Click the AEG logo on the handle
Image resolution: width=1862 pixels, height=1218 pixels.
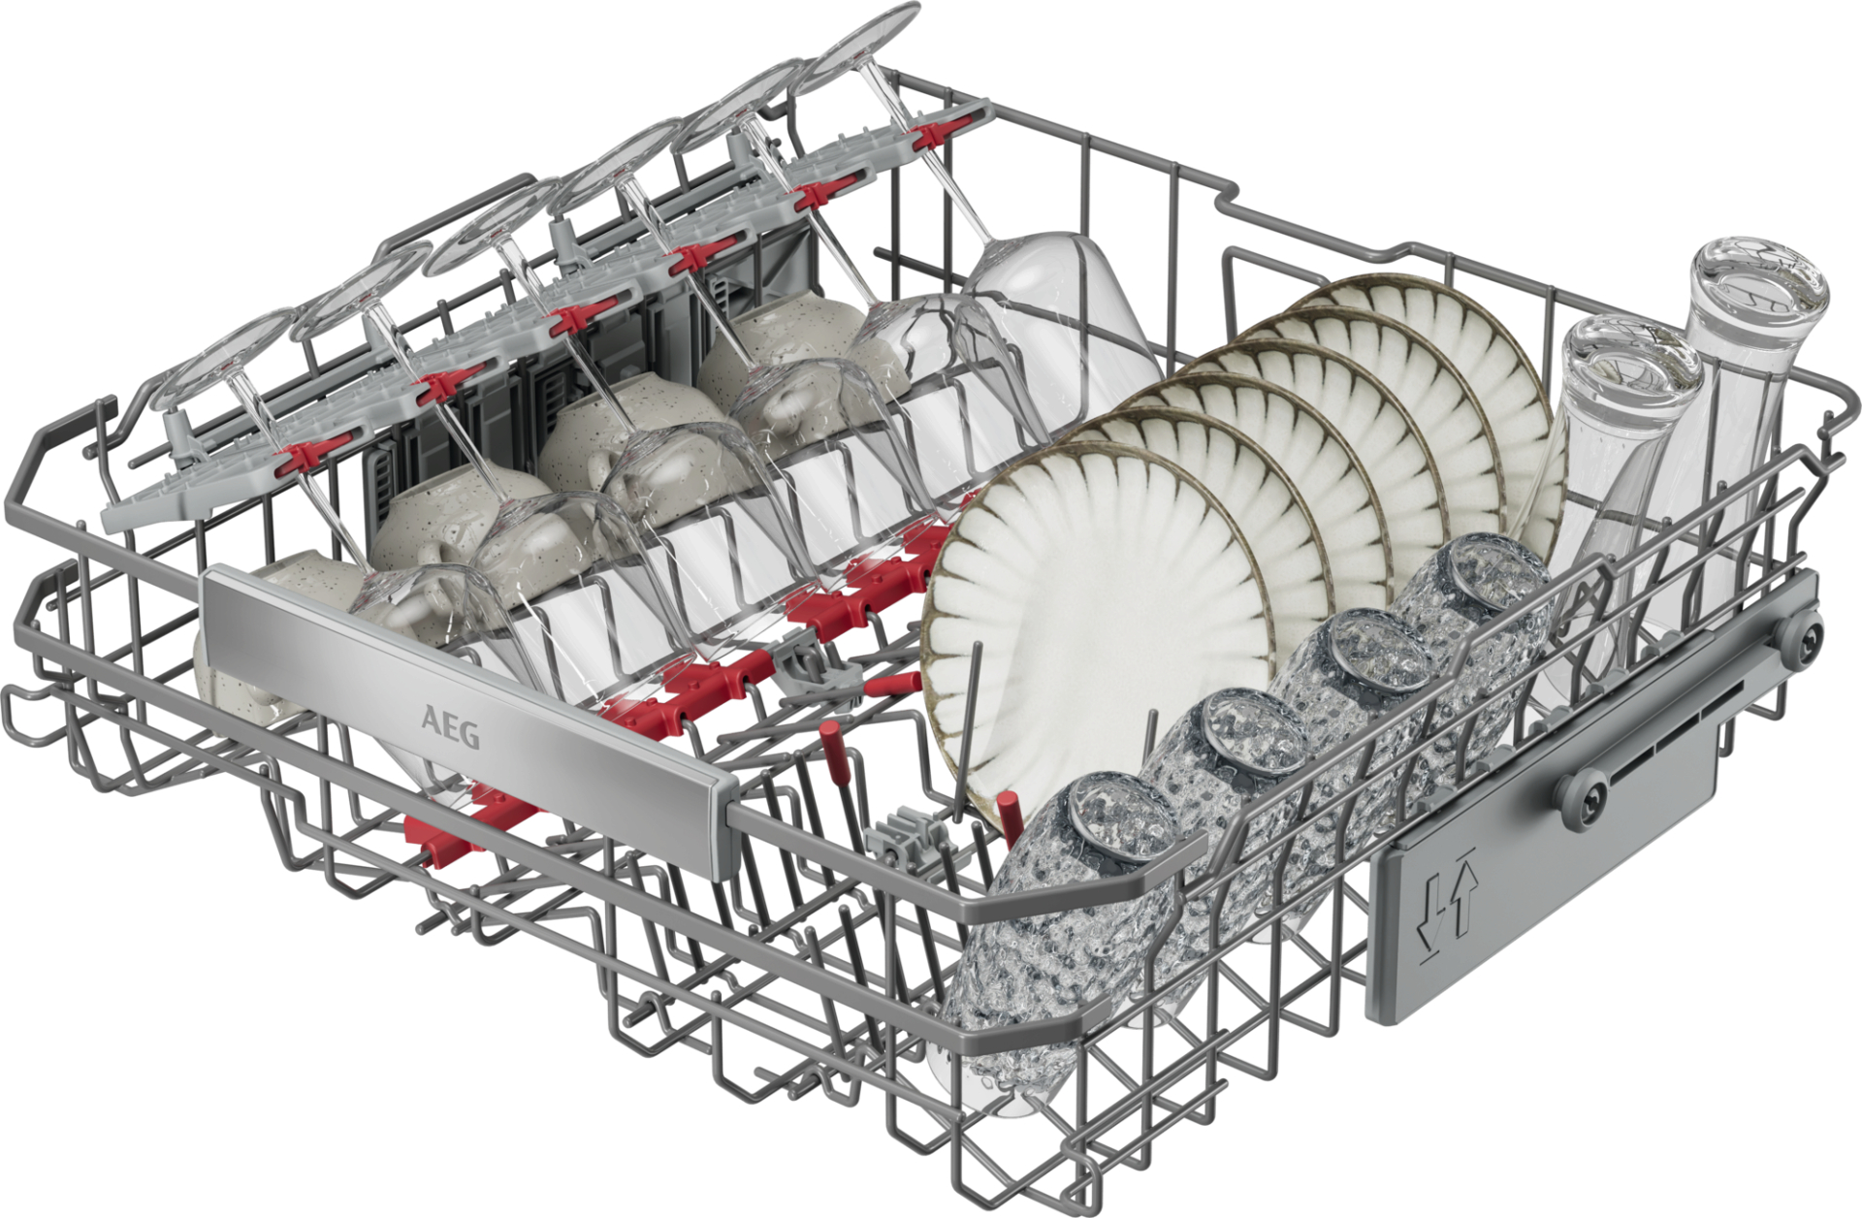point(449,726)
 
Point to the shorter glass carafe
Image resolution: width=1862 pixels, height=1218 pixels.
point(1610,485)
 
